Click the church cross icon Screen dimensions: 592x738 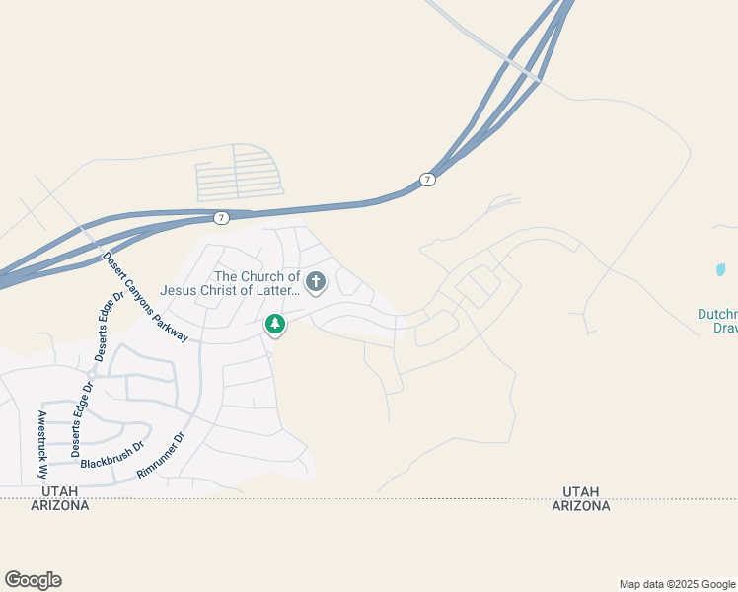[x=316, y=283]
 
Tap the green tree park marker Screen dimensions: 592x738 [x=275, y=324]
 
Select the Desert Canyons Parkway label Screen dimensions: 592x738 [x=145, y=296]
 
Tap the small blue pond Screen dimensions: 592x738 [x=721, y=268]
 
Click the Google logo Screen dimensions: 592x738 [x=33, y=580]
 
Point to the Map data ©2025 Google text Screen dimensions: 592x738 [x=677, y=584]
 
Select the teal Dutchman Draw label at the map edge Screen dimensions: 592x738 [x=717, y=321]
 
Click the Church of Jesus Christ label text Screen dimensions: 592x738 [x=258, y=283]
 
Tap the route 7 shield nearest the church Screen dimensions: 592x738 [x=221, y=218]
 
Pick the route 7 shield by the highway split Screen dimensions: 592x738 [x=426, y=179]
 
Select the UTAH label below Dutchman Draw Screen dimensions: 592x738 [x=580, y=491]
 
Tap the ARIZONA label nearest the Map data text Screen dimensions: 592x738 [x=580, y=506]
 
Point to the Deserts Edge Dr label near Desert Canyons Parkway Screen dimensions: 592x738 [x=107, y=327]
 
